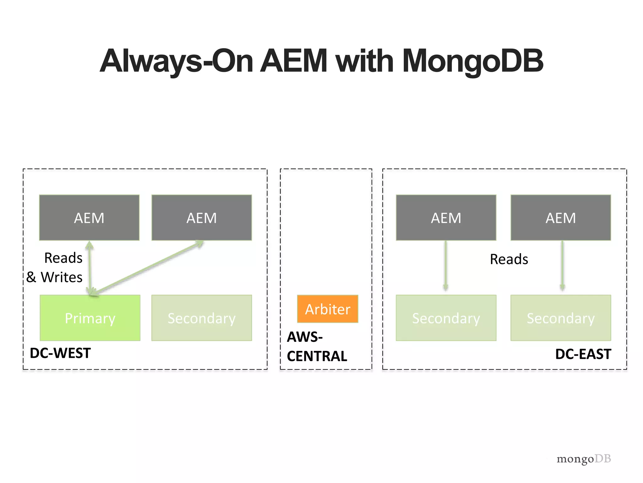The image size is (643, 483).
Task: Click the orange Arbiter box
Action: pyautogui.click(x=327, y=309)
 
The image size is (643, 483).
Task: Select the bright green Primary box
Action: pyautogui.click(x=90, y=318)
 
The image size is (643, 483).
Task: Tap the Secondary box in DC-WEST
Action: pyautogui.click(x=202, y=318)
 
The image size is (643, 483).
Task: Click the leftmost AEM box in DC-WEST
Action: pyautogui.click(x=89, y=218)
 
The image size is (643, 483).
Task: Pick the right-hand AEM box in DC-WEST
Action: pyautogui.click(x=202, y=218)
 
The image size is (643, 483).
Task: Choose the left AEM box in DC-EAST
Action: pyautogui.click(x=446, y=218)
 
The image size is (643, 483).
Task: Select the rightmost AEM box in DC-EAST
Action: pyautogui.click(x=561, y=218)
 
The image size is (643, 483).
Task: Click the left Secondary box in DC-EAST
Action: pyautogui.click(x=446, y=318)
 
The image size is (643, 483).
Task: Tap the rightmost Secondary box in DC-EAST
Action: pyautogui.click(x=561, y=318)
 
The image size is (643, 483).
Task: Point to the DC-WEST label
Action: pyautogui.click(x=60, y=353)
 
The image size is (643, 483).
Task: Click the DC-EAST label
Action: pyautogui.click(x=583, y=354)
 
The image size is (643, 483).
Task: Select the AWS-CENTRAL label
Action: pyautogui.click(x=316, y=347)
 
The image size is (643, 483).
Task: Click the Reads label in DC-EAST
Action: pyautogui.click(x=509, y=259)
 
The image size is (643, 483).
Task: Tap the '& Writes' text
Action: pyautogui.click(x=54, y=277)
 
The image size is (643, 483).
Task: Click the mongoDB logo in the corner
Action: pyautogui.click(x=584, y=459)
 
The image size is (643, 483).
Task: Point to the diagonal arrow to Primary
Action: pyautogui.click(x=148, y=267)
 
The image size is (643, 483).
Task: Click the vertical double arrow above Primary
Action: pyautogui.click(x=90, y=267)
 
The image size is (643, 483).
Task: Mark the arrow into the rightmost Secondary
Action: pyautogui.click(x=562, y=266)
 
